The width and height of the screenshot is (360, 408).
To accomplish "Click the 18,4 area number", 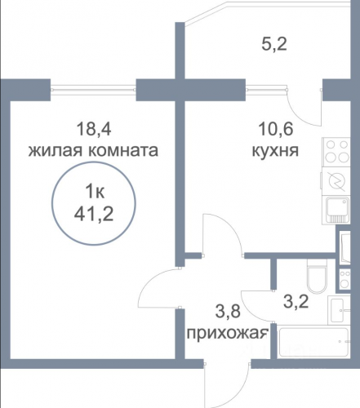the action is (94, 129).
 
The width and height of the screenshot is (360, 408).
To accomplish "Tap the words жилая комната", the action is (93, 150).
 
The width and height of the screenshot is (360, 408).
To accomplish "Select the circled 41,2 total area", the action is (94, 214).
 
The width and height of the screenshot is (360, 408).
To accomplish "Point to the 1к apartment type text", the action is (95, 192).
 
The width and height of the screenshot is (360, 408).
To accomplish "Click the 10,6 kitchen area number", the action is (276, 129).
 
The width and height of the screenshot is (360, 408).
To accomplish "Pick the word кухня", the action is (275, 150).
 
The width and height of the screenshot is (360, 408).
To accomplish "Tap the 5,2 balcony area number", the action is (274, 44).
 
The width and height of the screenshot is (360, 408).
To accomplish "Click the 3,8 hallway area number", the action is (228, 311).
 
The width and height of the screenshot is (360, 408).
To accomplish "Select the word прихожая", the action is (228, 333).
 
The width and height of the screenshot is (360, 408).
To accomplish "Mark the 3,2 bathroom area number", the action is (296, 301).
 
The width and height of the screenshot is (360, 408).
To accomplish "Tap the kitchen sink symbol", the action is (336, 210).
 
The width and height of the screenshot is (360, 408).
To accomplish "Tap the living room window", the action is (93, 90).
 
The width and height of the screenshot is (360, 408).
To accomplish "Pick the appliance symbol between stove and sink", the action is (336, 181).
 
